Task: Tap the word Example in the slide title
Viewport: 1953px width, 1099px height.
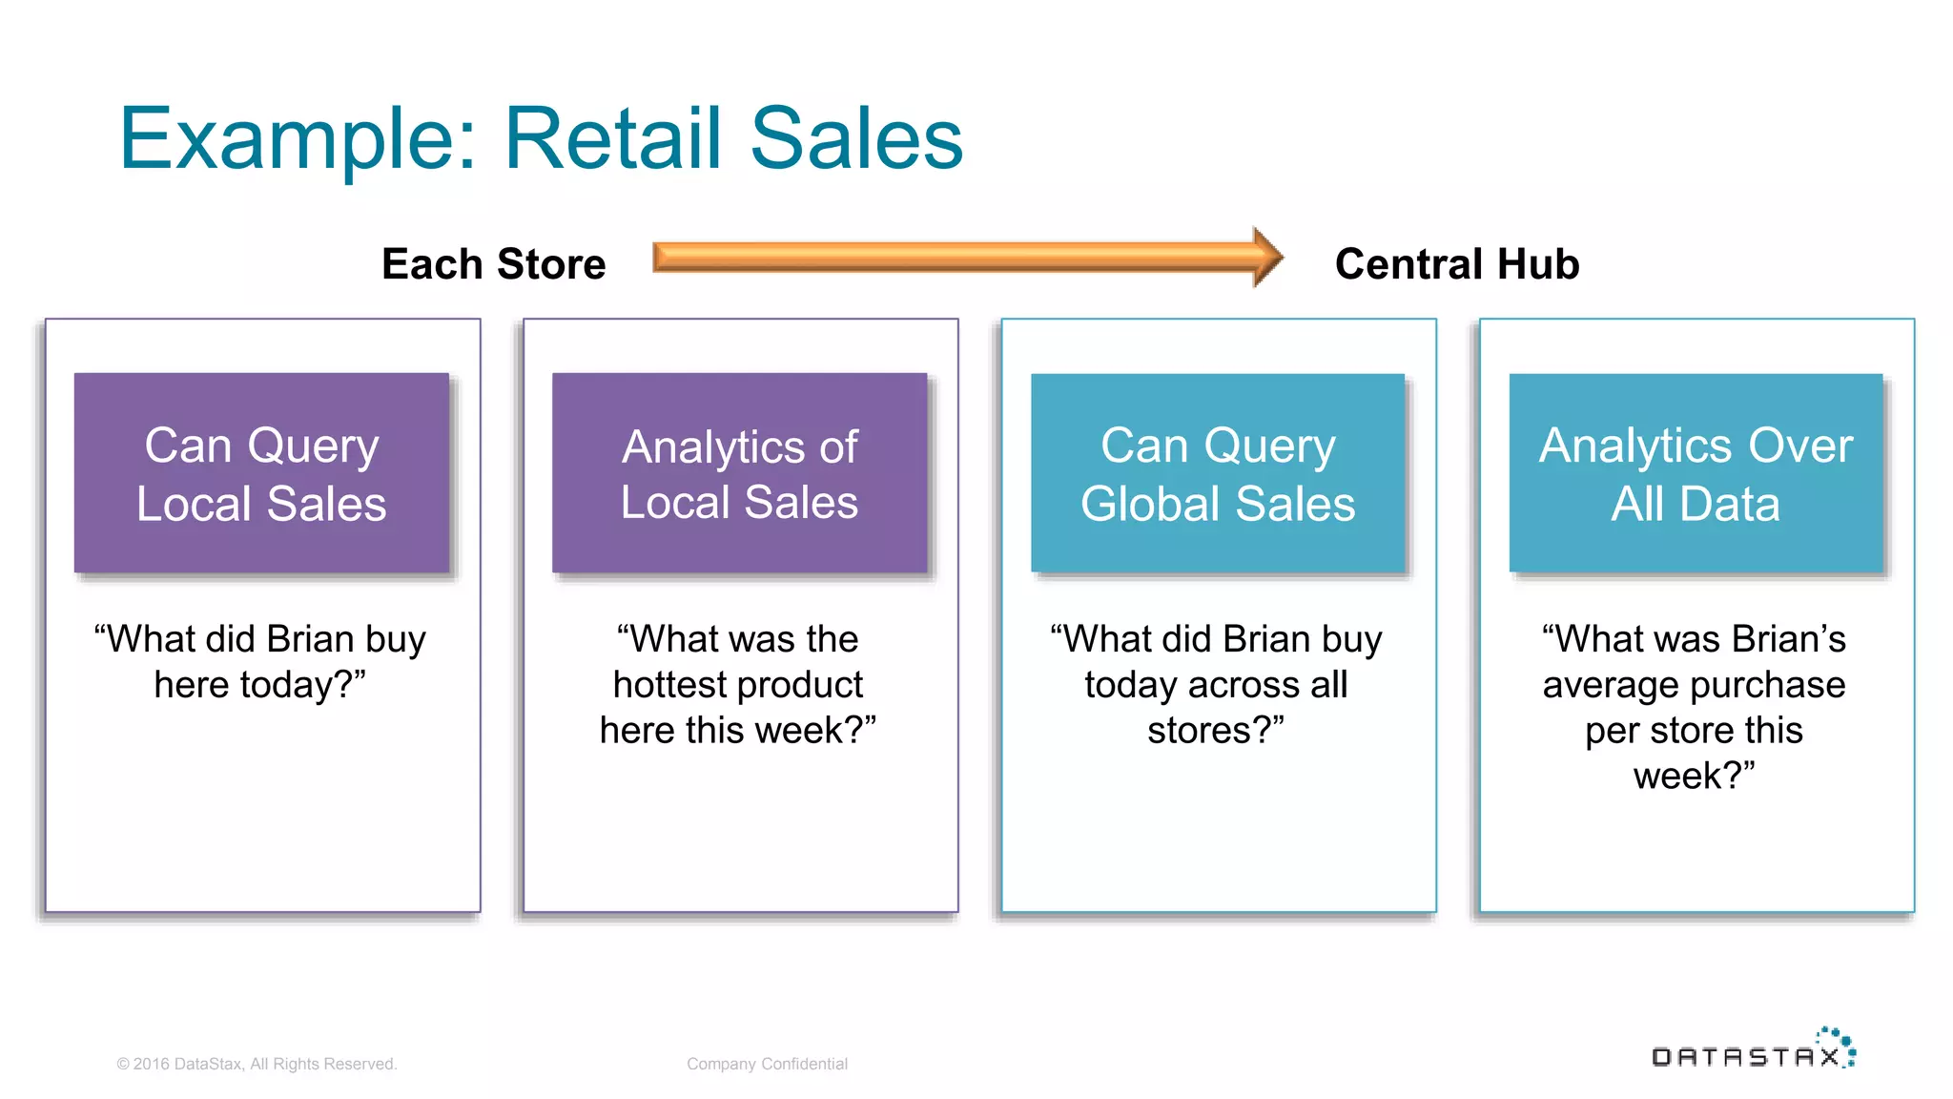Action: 297,139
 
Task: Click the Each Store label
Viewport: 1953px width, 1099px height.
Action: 493,264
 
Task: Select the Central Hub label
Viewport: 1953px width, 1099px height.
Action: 1457,264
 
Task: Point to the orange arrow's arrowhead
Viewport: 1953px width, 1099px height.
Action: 1267,257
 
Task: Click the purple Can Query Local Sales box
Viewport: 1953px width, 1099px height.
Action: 261,473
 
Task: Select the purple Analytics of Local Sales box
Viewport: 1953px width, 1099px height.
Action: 739,473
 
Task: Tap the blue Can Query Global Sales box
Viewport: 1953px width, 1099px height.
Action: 1218,473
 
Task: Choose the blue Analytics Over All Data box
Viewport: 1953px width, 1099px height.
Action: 1696,473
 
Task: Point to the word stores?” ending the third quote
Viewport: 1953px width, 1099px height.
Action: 1216,731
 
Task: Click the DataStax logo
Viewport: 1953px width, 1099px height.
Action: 1753,1050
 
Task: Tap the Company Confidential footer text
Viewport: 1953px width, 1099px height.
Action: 767,1064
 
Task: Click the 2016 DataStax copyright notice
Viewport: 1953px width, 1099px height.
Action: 257,1064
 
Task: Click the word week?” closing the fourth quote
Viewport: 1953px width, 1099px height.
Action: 1694,776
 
